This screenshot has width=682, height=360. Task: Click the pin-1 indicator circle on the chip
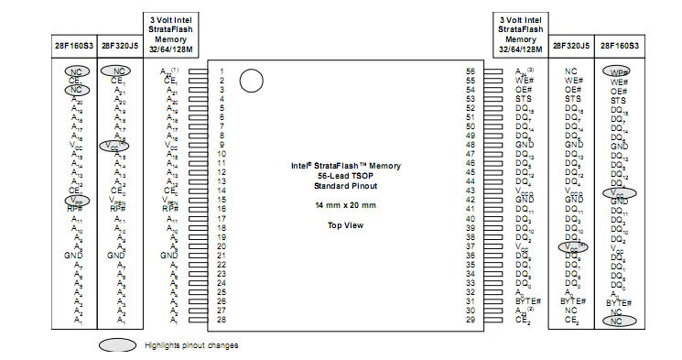point(251,81)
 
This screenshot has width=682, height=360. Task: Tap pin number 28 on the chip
point(222,320)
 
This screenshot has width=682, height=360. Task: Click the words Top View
point(346,225)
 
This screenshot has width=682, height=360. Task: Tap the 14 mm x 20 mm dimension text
point(346,204)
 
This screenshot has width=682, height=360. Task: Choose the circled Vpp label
point(78,200)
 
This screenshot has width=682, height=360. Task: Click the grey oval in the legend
point(119,345)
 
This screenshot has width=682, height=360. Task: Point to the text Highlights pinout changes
point(191,345)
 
